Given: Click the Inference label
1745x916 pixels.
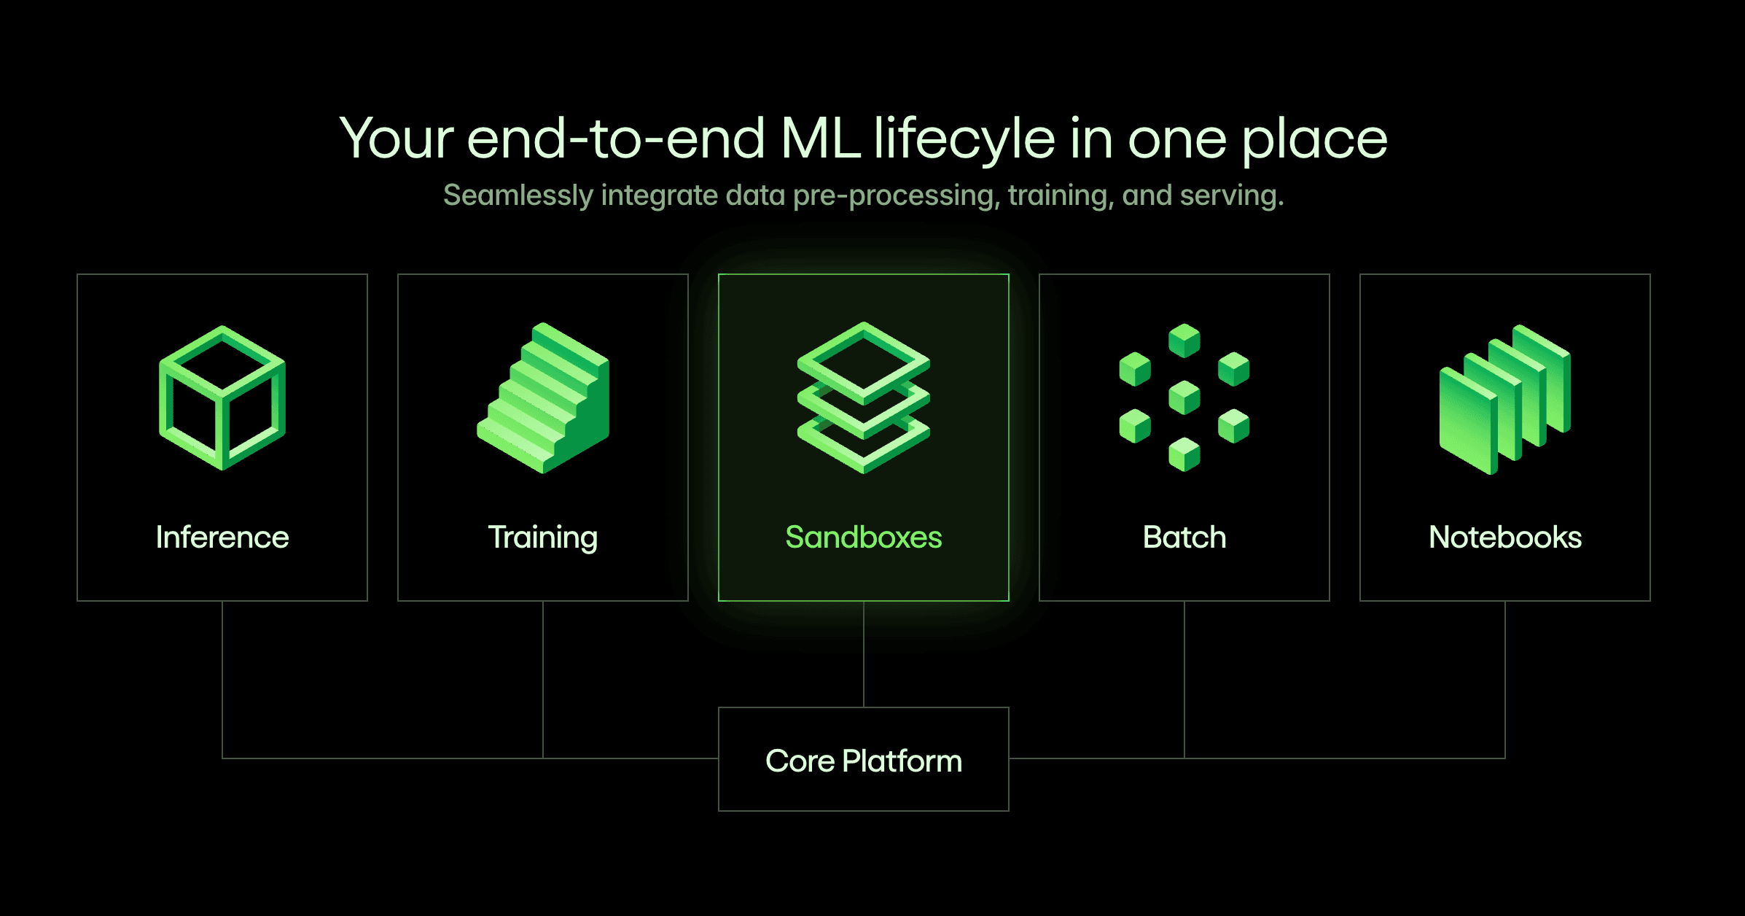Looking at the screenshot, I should coord(222,537).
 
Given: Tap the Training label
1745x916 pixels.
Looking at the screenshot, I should coord(543,537).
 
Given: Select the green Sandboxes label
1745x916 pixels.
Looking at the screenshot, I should coord(864,537).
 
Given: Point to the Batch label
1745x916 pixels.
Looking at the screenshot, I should coord(1184,537).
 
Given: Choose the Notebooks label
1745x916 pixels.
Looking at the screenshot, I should coord(1505,537).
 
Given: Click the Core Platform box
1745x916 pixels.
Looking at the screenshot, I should coord(864,760).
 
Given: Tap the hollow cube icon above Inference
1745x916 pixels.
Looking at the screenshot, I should coord(222,397).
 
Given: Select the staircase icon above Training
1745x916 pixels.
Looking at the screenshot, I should coord(543,397).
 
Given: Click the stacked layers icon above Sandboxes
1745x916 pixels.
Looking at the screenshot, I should coord(864,397).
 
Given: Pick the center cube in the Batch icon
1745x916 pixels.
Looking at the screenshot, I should coord(1184,397).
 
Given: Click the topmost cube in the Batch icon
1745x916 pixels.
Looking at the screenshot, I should coord(1184,340).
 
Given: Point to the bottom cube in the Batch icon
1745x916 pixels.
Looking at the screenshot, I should coord(1184,454).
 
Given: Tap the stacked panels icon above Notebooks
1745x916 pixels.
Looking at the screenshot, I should coord(1505,399).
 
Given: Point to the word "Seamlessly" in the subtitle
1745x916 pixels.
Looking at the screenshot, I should coord(518,195).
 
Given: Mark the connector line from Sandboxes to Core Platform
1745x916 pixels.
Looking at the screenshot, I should coord(864,654).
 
